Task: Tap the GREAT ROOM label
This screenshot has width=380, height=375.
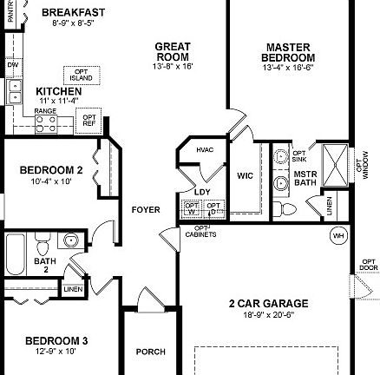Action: click(173, 51)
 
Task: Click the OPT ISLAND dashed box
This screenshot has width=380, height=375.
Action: click(80, 76)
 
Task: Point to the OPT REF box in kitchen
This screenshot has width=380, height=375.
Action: click(90, 121)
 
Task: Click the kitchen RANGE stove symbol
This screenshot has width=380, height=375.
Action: click(45, 124)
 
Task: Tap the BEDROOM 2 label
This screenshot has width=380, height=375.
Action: click(51, 170)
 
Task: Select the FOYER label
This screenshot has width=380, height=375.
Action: click(145, 210)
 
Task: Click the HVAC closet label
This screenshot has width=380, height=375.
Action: click(205, 150)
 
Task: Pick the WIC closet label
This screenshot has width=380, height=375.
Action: click(246, 175)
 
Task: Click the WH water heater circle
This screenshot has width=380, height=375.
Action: click(337, 234)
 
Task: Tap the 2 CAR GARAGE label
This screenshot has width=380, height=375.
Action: click(268, 303)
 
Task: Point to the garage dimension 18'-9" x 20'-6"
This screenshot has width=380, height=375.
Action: click(268, 313)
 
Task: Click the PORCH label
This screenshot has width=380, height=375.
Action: click(151, 352)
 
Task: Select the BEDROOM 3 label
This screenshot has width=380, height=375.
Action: click(51, 340)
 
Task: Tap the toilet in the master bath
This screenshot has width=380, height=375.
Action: click(287, 209)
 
